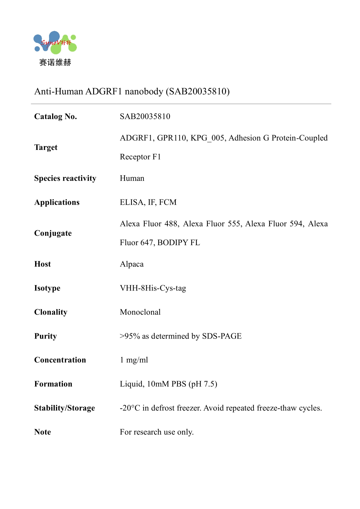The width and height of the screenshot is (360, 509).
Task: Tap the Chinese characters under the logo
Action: point(55,62)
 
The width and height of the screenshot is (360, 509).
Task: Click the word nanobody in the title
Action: point(144,91)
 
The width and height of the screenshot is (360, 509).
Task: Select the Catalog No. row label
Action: point(55,116)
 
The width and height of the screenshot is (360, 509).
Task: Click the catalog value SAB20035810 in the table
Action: point(145,116)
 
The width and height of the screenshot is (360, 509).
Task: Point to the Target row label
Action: point(46,147)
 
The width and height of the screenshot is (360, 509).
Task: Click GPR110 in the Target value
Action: point(172,138)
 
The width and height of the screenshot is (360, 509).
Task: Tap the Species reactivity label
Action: point(65,178)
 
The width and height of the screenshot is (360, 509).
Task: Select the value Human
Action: point(132,178)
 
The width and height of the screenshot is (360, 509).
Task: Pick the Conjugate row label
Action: point(53,233)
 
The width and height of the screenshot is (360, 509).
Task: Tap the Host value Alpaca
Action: point(132,264)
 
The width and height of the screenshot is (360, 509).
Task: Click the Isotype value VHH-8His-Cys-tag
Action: point(153,288)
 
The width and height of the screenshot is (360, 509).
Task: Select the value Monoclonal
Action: point(140,312)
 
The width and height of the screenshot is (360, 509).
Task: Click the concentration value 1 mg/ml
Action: point(134,360)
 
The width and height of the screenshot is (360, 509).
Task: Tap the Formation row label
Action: point(53,384)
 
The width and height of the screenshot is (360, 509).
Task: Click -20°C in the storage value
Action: point(130,408)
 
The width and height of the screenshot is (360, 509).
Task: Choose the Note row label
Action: point(42,432)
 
